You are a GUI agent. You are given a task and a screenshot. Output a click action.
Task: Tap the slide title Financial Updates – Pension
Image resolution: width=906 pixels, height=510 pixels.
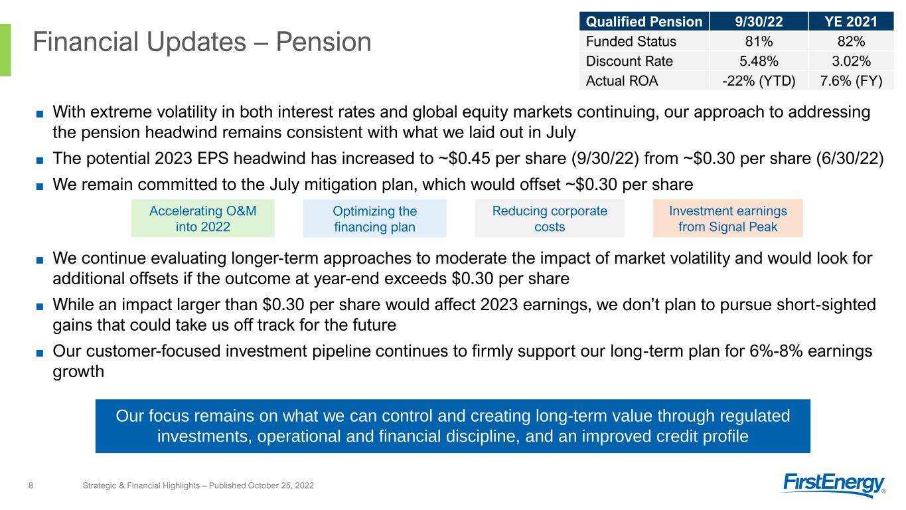pos(202,42)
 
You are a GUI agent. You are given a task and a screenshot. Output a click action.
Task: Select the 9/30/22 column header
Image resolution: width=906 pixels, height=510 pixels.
pos(759,21)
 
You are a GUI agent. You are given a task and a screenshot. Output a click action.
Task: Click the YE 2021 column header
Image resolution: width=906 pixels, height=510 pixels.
pos(851,21)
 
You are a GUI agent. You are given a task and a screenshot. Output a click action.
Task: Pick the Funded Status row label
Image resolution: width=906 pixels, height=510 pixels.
pos(631,41)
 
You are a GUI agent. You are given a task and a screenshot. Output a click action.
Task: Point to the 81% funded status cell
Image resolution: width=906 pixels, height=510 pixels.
pos(759,41)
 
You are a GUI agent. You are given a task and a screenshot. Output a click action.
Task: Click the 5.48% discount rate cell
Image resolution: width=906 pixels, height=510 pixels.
pos(759,61)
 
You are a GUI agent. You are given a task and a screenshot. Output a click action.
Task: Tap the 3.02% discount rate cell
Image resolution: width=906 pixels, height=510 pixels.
pos(851,61)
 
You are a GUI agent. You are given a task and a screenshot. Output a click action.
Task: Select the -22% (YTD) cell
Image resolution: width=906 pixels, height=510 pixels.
pos(759,81)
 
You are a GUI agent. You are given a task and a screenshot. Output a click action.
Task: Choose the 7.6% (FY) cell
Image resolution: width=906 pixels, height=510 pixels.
pos(851,81)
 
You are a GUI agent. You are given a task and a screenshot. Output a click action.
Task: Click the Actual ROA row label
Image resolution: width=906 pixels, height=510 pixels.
pos(622,81)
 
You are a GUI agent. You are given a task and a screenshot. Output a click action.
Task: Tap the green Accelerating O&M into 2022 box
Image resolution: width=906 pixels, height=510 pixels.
pos(203,218)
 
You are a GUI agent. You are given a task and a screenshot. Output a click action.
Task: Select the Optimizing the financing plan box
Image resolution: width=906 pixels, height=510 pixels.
pos(375,218)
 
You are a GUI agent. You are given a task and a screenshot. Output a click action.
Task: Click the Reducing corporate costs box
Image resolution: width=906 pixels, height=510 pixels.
pos(550,218)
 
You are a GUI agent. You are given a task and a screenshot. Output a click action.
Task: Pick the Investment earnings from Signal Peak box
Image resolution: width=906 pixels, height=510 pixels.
pos(728,218)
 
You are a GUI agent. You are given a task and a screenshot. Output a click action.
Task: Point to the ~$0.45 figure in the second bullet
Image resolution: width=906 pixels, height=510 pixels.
pos(465,158)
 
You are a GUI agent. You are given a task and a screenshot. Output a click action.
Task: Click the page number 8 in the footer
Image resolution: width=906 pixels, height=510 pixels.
pos(31,485)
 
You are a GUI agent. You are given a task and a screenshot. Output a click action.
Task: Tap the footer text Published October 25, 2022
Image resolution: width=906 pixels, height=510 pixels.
pos(262,485)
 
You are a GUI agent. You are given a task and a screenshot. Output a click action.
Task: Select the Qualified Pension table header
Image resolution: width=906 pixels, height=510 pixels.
pos(644,21)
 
